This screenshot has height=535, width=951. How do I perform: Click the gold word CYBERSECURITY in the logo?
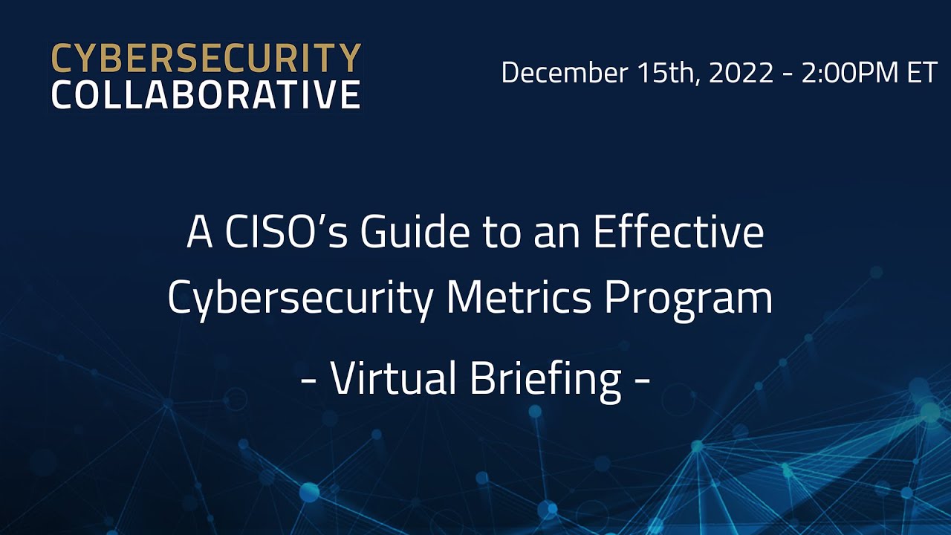coord(206,58)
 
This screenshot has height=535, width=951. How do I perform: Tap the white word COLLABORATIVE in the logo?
coord(206,95)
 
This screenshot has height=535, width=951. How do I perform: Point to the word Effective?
coord(678,233)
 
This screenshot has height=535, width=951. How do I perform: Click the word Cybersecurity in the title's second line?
coord(300,299)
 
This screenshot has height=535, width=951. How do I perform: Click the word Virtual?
coord(393,379)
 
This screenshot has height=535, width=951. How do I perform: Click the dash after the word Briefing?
coord(640,382)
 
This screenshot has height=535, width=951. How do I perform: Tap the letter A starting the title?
coord(199,233)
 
